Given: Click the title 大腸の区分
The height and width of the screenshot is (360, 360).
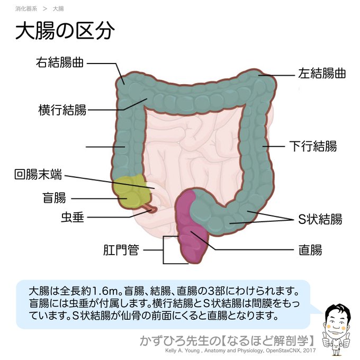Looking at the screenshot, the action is click(x=65, y=31).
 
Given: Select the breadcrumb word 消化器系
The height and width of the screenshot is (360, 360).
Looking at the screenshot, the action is click(x=26, y=9).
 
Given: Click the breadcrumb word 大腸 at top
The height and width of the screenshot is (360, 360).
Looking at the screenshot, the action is click(x=58, y=9).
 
